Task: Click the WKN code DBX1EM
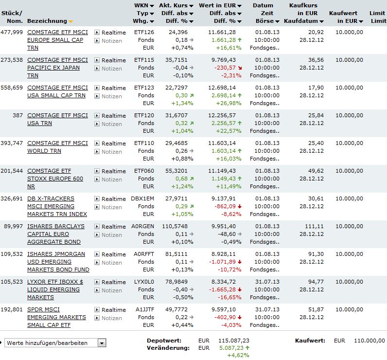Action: click(x=142, y=199)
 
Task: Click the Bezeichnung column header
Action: click(x=47, y=21)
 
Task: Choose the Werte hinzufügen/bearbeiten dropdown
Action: click(x=55, y=343)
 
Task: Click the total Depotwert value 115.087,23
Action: click(x=233, y=341)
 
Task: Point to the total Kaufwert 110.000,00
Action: click(x=368, y=341)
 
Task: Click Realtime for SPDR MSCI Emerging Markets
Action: click(x=113, y=310)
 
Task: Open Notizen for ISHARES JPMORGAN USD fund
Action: click(x=112, y=263)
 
